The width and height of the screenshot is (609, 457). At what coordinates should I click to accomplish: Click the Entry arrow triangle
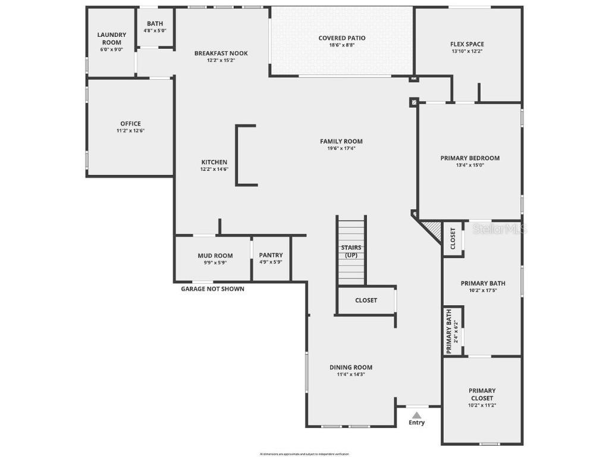pyautogui.click(x=417, y=415)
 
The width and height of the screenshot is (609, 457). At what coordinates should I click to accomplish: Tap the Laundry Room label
pyautogui.click(x=112, y=39)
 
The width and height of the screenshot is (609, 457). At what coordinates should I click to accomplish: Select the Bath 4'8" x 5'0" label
pyautogui.click(x=155, y=24)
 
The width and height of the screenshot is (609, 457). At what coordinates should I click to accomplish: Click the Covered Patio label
pyautogui.click(x=342, y=38)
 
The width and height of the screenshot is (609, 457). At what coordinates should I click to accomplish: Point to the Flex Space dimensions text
pyautogui.click(x=467, y=51)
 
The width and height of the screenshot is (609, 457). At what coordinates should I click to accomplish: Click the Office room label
pyautogui.click(x=130, y=124)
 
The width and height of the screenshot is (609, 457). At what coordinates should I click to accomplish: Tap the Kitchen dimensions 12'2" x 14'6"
pyautogui.click(x=214, y=169)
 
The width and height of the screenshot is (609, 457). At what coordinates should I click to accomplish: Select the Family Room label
pyautogui.click(x=341, y=141)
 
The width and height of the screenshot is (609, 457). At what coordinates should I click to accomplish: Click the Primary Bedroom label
pyautogui.click(x=470, y=158)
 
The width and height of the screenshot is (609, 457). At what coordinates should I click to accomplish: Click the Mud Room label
pyautogui.click(x=215, y=256)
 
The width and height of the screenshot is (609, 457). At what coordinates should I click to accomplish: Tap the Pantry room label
pyautogui.click(x=271, y=255)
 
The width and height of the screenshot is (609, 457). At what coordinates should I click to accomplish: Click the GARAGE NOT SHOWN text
pyautogui.click(x=212, y=289)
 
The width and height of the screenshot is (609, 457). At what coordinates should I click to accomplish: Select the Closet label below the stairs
pyautogui.click(x=366, y=301)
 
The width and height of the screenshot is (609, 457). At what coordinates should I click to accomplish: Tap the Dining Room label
pyautogui.click(x=351, y=367)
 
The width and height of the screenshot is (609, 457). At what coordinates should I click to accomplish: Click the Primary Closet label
pyautogui.click(x=482, y=395)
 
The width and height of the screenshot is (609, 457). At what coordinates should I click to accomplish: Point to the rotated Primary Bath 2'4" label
pyautogui.click(x=449, y=331)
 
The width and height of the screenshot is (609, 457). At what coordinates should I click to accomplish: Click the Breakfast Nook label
pyautogui.click(x=221, y=53)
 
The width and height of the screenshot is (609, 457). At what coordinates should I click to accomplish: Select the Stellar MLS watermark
pyautogui.click(x=499, y=228)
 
